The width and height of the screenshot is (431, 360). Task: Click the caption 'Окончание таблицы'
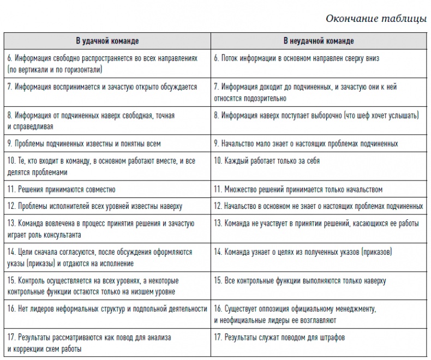click(376, 19)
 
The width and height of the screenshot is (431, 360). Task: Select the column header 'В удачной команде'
click(107, 41)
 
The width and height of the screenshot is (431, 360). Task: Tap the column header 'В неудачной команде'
click(319, 41)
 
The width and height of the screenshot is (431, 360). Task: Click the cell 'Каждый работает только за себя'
click(267, 161)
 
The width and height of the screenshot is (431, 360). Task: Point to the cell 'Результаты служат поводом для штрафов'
click(279, 338)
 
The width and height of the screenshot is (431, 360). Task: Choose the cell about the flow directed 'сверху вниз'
click(296, 58)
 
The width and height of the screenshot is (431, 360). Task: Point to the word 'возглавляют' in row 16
click(316, 320)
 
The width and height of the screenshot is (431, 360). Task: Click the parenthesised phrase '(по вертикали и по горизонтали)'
click(55, 70)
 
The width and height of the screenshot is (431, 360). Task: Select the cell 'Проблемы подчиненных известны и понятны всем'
click(84, 143)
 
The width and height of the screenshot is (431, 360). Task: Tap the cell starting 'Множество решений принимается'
click(298, 189)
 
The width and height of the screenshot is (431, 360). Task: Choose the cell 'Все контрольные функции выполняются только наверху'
click(300, 280)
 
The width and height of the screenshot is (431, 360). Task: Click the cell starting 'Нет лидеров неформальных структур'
click(107, 309)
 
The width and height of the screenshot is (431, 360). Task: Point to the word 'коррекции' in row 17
click(29, 349)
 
